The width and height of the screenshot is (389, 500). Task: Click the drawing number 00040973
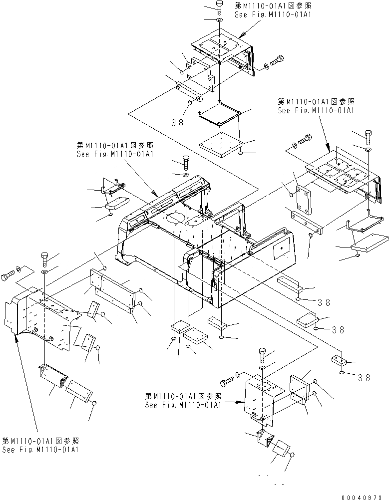point(365,497)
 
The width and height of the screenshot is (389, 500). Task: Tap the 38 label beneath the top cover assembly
point(177,122)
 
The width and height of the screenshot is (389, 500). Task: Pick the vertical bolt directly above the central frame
point(185,162)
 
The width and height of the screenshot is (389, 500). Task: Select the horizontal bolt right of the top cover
point(276,62)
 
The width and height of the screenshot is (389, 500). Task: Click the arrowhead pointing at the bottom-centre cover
point(241,401)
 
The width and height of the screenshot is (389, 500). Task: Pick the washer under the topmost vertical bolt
point(220,20)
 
